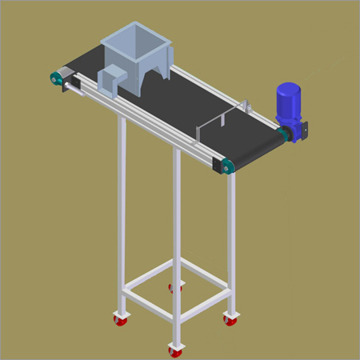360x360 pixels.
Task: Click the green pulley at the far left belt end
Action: [57, 78]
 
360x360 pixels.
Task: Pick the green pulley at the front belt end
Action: [226, 166]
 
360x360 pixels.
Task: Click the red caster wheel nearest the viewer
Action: [174, 350]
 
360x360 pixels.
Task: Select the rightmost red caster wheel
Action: [230, 320]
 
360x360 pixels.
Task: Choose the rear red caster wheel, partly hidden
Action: [173, 287]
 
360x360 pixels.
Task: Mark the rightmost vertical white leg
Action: [231, 240]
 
